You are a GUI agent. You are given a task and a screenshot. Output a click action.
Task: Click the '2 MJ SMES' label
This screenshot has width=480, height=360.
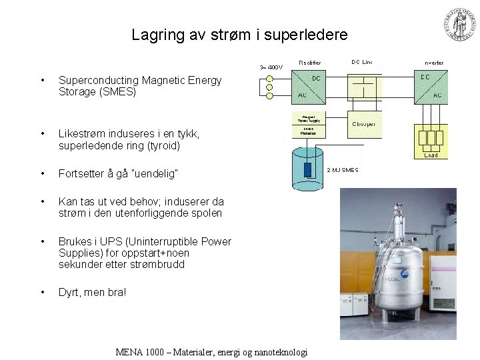(343, 170)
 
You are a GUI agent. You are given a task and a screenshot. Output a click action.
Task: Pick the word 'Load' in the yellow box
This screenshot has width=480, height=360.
(431, 155)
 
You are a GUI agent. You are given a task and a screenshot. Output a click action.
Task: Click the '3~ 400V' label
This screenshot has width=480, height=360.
(271, 67)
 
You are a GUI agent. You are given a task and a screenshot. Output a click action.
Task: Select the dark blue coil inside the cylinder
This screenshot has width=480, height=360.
(307, 169)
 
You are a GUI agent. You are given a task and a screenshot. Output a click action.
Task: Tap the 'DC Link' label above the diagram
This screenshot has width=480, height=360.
(362, 62)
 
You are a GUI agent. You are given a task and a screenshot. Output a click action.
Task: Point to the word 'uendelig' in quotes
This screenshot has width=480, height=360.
(151, 173)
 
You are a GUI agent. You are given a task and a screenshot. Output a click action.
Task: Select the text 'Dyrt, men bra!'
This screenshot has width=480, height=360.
(92, 292)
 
